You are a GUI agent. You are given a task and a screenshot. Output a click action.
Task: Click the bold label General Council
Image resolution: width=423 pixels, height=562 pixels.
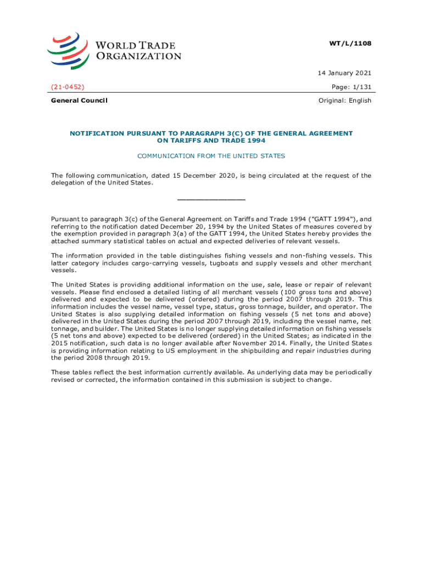click(x=79, y=100)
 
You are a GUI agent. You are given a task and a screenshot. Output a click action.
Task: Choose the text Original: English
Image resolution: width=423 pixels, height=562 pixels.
click(x=345, y=100)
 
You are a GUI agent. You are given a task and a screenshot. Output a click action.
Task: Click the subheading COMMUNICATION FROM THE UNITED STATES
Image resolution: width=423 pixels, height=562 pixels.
click(x=211, y=156)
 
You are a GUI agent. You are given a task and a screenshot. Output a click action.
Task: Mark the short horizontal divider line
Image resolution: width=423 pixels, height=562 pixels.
click(x=211, y=200)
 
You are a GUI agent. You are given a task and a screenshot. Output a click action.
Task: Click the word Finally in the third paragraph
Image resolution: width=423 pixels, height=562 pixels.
click(x=294, y=342)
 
